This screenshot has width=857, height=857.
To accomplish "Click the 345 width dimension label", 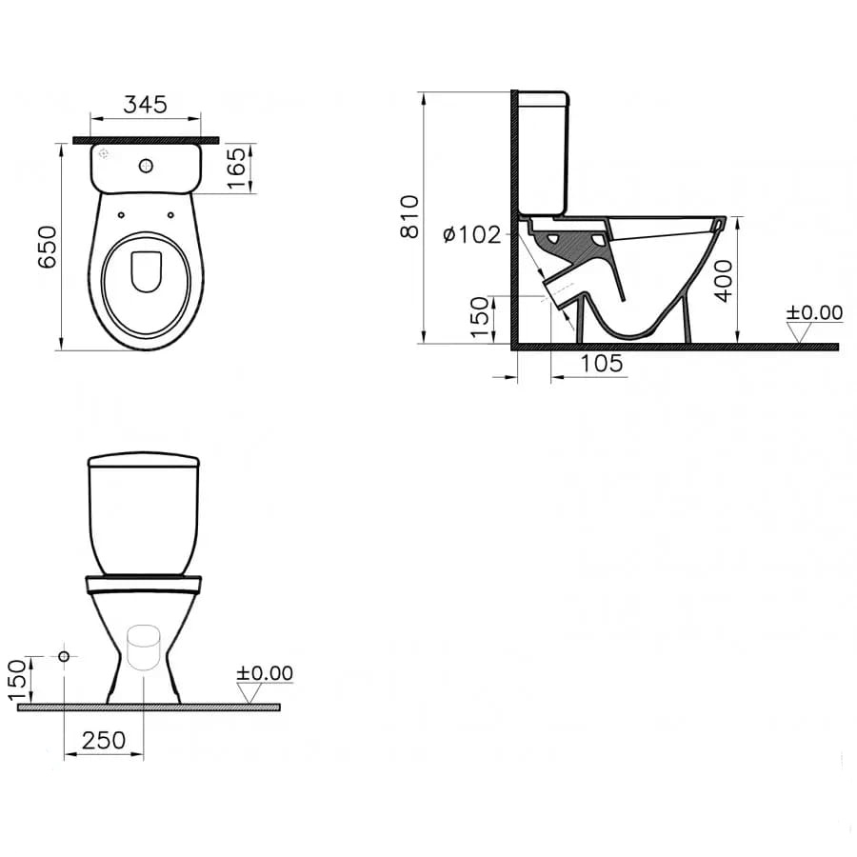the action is click(146, 104).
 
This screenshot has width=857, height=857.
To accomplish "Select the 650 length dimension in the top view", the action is click(48, 247).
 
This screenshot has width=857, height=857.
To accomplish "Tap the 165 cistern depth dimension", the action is click(237, 168).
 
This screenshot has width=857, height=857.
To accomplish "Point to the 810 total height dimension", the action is click(409, 216).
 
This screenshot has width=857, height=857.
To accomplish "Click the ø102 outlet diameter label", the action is click(472, 235).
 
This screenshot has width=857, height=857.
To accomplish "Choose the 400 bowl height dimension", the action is click(724, 280).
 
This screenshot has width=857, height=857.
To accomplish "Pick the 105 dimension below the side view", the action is click(601, 364).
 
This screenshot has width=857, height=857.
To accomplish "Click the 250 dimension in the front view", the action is click(104, 741).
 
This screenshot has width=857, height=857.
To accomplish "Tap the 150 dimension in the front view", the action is click(17, 680).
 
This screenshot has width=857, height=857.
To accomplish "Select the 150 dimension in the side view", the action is click(480, 317).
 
